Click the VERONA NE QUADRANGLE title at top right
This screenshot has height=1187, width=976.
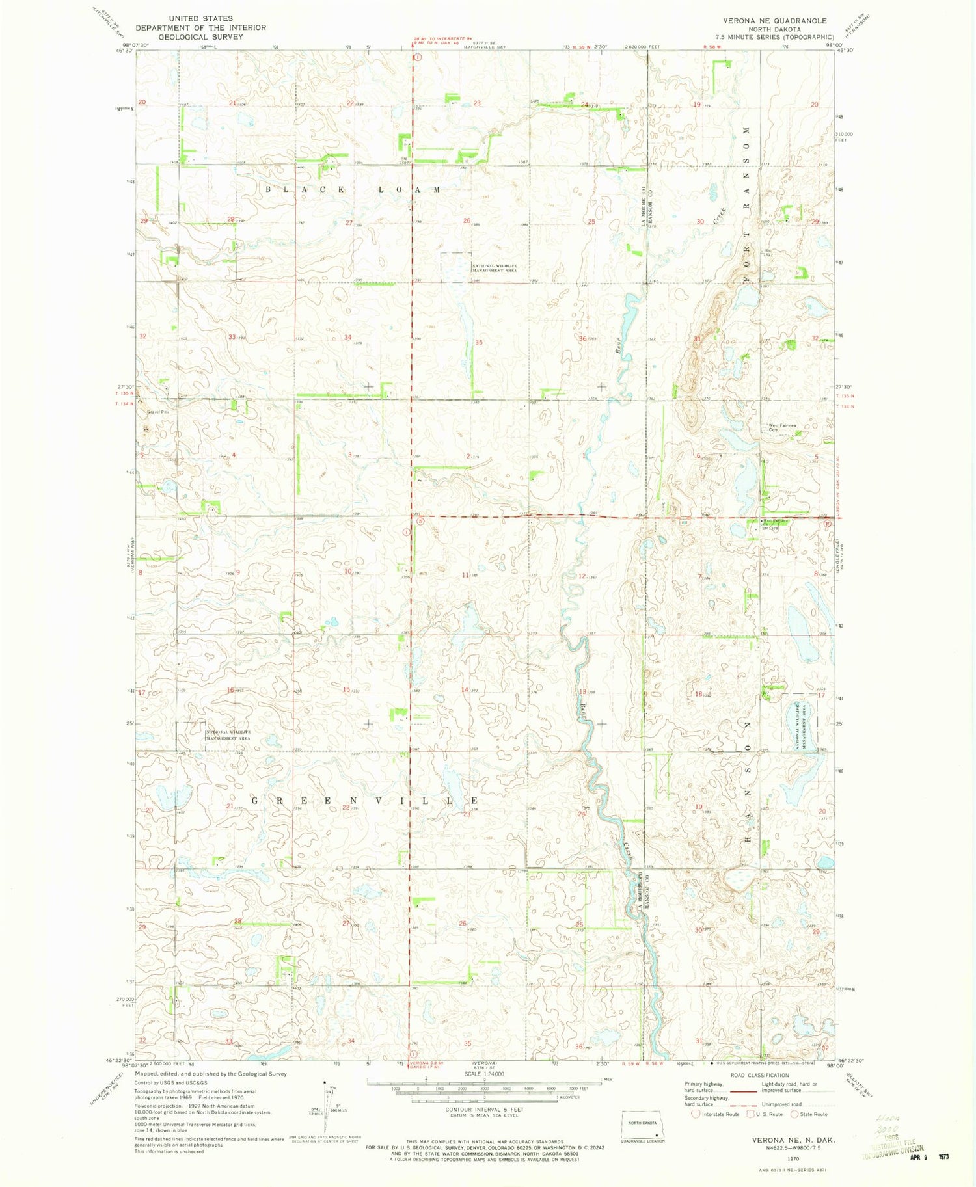pos(775,21)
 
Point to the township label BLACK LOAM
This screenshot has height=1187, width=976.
pos(352,189)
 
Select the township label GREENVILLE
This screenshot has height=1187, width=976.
pos(365,801)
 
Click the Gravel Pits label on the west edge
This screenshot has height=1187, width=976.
pos(157,412)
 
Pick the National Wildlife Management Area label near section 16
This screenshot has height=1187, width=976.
pos(228,735)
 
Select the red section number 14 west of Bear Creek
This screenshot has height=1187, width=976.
pos(465,690)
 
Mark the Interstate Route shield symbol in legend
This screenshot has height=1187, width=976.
pos(696,1114)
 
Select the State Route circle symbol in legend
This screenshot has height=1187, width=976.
pos(794,1114)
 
